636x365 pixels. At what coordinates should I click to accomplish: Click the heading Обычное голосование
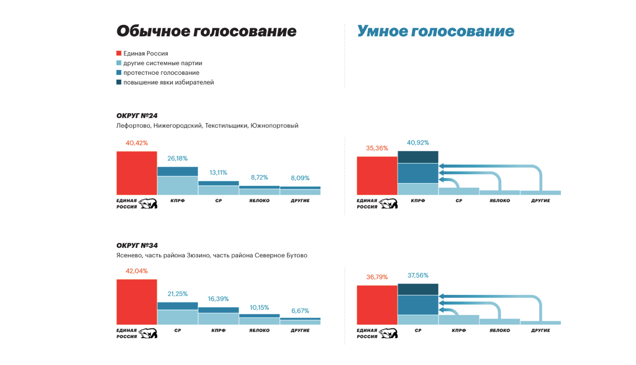click(206, 31)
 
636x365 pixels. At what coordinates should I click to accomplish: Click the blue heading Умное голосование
click(435, 31)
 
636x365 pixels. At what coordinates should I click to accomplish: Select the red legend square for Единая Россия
click(119, 53)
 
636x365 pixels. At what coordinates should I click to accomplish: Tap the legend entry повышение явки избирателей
click(168, 82)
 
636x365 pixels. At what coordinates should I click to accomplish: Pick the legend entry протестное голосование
click(161, 73)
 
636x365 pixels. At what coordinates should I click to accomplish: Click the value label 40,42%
click(136, 143)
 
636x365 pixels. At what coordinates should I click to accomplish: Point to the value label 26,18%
click(177, 159)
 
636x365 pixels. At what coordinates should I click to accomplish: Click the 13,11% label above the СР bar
click(218, 173)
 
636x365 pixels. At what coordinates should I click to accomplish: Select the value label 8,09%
click(300, 178)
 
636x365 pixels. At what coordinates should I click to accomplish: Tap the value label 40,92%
click(418, 143)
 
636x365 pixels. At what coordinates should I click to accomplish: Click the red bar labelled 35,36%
click(377, 176)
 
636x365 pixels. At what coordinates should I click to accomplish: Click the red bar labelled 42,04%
click(136, 302)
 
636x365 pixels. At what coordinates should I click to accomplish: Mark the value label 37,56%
click(418, 276)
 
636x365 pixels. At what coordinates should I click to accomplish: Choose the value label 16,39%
click(218, 299)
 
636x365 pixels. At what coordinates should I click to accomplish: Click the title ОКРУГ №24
click(137, 116)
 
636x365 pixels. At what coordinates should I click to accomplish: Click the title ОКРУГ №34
click(137, 245)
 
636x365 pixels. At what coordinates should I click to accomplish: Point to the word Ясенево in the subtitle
click(129, 256)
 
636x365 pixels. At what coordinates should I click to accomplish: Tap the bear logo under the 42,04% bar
click(148, 333)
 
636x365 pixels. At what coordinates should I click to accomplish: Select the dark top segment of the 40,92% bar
click(418, 157)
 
